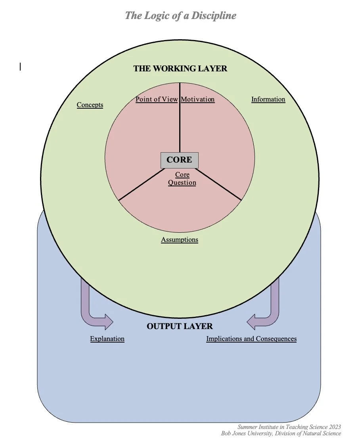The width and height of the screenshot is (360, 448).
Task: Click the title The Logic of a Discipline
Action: pyautogui.click(x=180, y=16)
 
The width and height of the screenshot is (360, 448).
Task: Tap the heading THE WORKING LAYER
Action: pyautogui.click(x=180, y=69)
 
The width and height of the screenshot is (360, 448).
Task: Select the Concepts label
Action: pyautogui.click(x=90, y=105)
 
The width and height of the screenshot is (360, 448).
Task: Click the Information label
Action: pyautogui.click(x=268, y=100)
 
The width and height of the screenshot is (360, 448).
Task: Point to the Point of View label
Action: pyautogui.click(x=157, y=100)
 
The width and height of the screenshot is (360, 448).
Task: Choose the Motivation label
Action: pyautogui.click(x=197, y=100)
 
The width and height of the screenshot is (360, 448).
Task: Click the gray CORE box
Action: pyautogui.click(x=179, y=160)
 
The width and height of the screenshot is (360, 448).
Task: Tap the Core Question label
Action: pyautogui.click(x=182, y=179)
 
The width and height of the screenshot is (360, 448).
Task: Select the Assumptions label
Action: pyautogui.click(x=180, y=240)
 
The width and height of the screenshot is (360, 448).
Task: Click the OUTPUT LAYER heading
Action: pyautogui.click(x=180, y=326)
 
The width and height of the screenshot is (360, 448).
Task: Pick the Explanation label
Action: pyautogui.click(x=107, y=339)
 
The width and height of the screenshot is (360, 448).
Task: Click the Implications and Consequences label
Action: pyautogui.click(x=251, y=339)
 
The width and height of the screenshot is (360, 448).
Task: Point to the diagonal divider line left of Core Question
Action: pyautogui.click(x=141, y=184)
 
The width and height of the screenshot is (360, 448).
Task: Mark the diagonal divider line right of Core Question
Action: pyautogui.click(x=219, y=184)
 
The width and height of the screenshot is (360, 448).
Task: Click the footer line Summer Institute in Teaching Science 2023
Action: pyautogui.click(x=289, y=427)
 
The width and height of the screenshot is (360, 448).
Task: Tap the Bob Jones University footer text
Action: pyautogui.click(x=281, y=433)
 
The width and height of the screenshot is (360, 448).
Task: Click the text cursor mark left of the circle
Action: pyautogui.click(x=20, y=67)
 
